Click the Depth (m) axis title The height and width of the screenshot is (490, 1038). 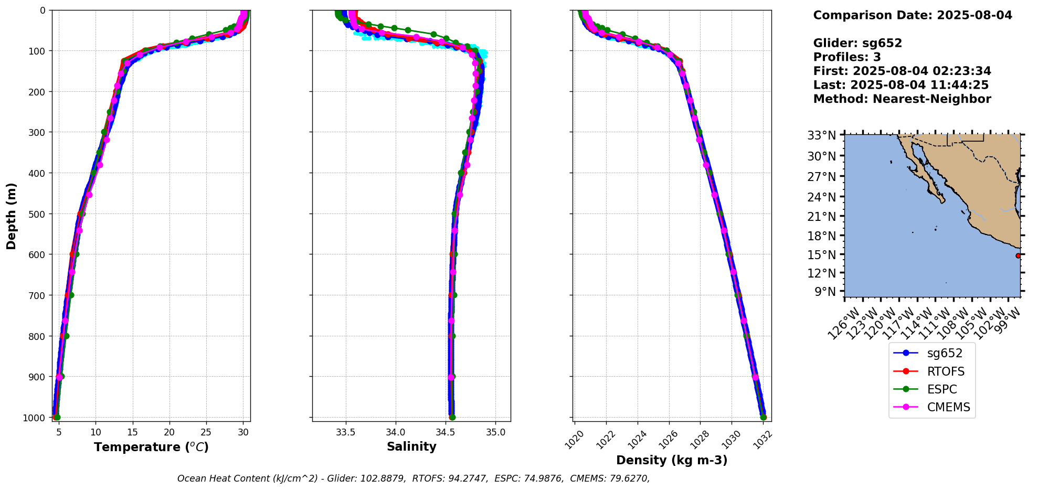[x=12, y=216]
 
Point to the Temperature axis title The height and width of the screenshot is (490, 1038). [x=151, y=447]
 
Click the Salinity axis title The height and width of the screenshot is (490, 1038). [x=411, y=446]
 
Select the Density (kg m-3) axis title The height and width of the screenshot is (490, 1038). [x=672, y=460]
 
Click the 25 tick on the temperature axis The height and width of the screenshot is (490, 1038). [x=206, y=432]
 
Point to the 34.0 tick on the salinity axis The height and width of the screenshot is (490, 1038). [x=396, y=432]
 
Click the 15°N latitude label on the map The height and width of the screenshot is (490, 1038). [x=822, y=255]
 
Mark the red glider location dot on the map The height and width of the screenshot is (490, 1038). [x=1018, y=255]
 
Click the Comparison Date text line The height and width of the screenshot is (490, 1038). [x=913, y=15]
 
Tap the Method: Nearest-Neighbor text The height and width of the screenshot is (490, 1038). [x=902, y=99]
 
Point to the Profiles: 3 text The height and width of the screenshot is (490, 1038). [x=847, y=57]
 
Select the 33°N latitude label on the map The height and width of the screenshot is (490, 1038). [x=822, y=135]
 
